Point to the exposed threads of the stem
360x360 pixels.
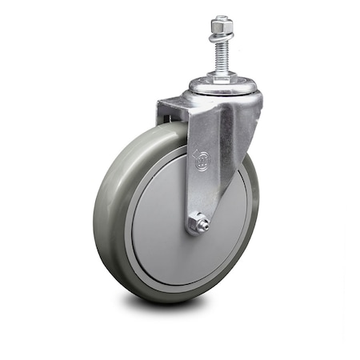221,58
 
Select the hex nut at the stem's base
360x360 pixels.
221,76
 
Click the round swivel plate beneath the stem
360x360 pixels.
222,86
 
